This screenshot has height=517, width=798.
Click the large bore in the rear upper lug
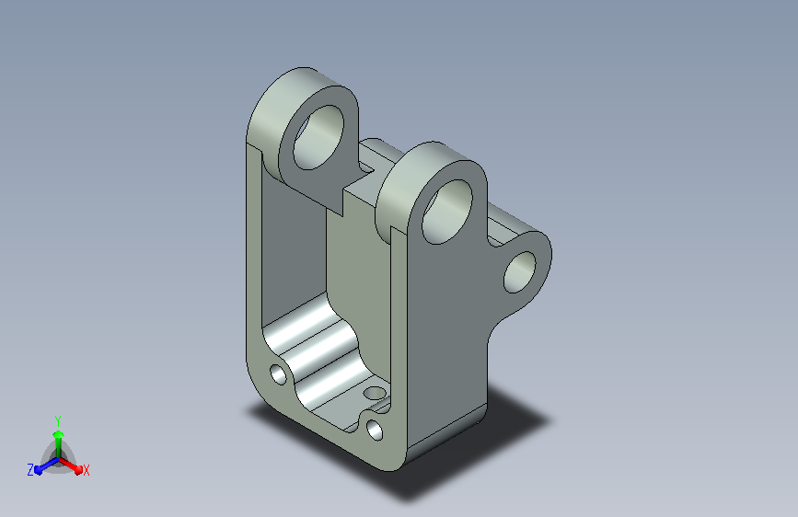point(318,137)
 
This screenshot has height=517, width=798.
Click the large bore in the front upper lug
point(446,212)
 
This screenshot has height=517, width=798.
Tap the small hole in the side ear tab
point(520,272)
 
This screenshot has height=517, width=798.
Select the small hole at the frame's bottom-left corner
point(278,374)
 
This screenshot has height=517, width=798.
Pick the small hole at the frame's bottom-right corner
point(375,430)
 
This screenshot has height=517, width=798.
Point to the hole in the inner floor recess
point(376,393)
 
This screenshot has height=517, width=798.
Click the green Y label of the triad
point(58,421)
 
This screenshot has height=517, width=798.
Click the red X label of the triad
point(86,471)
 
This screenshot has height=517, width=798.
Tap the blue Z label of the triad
point(30,470)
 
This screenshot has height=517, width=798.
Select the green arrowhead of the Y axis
point(59,435)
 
